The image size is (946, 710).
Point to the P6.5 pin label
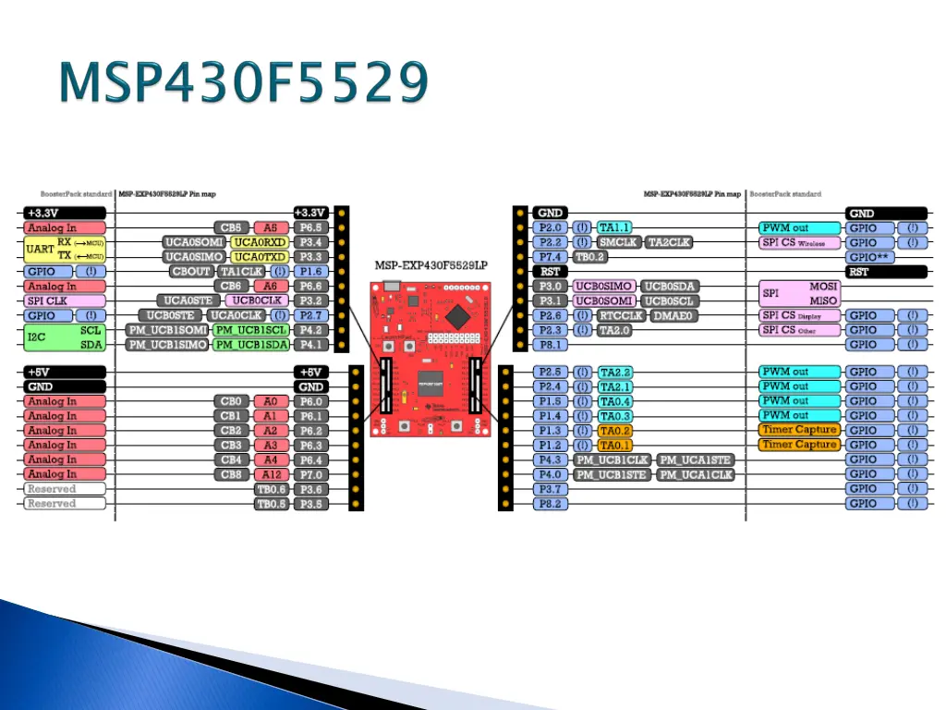[x=310, y=227]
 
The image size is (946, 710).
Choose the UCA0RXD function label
[x=260, y=242]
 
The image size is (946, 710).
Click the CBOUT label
[x=191, y=272]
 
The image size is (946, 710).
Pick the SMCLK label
[x=619, y=242]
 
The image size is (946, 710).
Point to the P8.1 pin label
[x=550, y=345]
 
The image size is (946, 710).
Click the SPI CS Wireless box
[x=799, y=242]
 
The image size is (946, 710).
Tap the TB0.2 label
[x=590, y=257]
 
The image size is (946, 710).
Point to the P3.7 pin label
[x=550, y=489]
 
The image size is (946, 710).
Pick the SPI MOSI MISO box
[x=799, y=294]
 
